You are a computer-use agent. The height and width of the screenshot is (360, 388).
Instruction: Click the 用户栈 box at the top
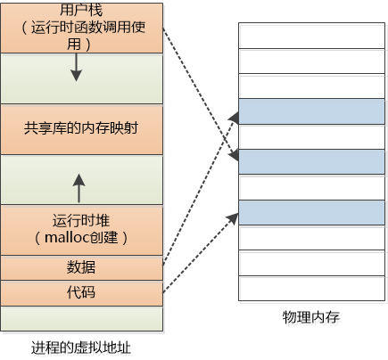pos(82,27)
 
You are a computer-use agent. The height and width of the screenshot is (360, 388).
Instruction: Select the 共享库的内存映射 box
pos(82,128)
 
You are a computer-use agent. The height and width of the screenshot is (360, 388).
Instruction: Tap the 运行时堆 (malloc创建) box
pos(82,229)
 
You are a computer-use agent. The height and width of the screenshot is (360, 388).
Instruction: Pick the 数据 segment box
pos(82,266)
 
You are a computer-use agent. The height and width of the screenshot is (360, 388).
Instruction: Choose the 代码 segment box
pos(82,292)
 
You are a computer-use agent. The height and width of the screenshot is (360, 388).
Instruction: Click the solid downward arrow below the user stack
pos(78,65)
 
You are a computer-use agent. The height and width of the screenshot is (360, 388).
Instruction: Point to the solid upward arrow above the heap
pos(78,188)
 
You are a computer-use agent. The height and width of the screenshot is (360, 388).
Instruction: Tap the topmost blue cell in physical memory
pos(311,110)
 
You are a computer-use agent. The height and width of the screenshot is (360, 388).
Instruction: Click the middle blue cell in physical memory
pos(311,161)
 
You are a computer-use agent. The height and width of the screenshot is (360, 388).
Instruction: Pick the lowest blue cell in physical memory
pos(311,213)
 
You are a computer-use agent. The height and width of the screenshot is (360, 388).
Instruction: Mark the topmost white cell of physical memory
pos(311,35)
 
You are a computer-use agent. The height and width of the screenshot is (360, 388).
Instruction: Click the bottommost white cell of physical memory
pos(311,289)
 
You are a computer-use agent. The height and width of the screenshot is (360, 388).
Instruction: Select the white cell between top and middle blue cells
pos(311,136)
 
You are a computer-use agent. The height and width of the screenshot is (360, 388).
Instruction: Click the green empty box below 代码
pos(82,317)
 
